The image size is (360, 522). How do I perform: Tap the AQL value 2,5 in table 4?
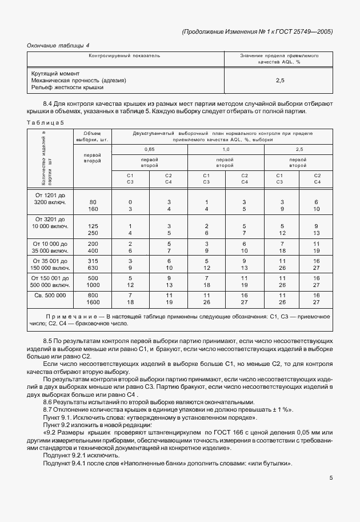point(280,81)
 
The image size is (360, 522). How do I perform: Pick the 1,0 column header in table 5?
point(225,149)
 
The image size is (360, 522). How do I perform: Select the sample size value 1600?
point(93,302)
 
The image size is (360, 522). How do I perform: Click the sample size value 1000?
point(93,284)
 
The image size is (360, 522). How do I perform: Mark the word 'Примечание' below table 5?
point(71,316)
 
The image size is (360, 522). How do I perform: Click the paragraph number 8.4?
point(49,103)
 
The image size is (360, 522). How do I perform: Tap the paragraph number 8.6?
point(49,401)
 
